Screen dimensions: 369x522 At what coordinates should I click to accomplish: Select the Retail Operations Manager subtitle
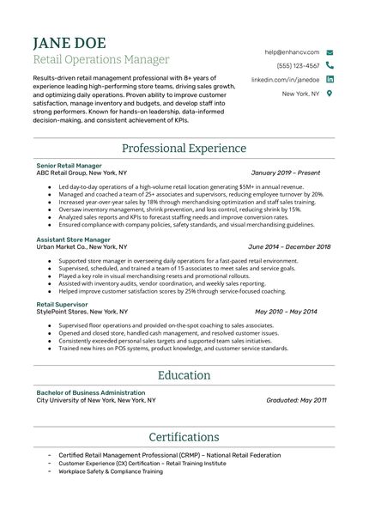(x=100, y=60)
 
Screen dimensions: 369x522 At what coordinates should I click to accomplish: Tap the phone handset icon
(x=330, y=65)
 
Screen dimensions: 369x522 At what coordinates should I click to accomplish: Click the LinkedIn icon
(x=330, y=79)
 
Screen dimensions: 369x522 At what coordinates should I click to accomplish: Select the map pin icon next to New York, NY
(x=330, y=94)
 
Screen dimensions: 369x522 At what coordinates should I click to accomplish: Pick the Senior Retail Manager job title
(x=70, y=164)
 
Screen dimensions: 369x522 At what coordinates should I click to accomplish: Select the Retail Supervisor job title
(x=63, y=304)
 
